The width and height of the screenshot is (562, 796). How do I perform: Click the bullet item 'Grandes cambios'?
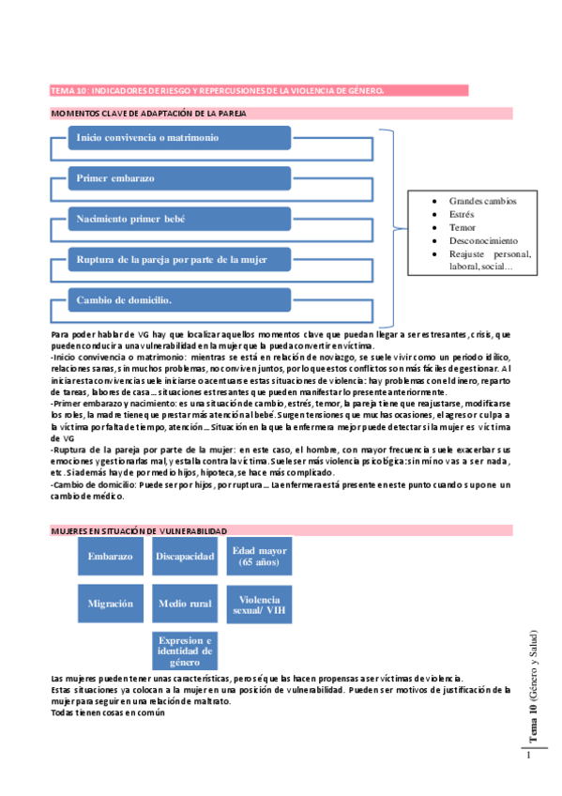tap(482, 202)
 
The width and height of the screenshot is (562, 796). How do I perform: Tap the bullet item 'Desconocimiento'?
tap(487, 241)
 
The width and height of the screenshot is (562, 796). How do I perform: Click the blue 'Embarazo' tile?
tap(111, 557)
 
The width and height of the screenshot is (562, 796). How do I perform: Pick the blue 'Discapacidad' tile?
tap(185, 557)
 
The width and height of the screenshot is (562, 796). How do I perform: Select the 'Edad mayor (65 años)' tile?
tap(259, 556)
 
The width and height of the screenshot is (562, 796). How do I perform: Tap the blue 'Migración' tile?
tap(111, 604)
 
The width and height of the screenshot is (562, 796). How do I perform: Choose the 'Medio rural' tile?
tap(185, 604)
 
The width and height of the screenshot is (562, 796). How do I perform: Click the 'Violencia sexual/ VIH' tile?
tap(259, 604)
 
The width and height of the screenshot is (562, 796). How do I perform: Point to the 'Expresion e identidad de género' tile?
tap(185, 651)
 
